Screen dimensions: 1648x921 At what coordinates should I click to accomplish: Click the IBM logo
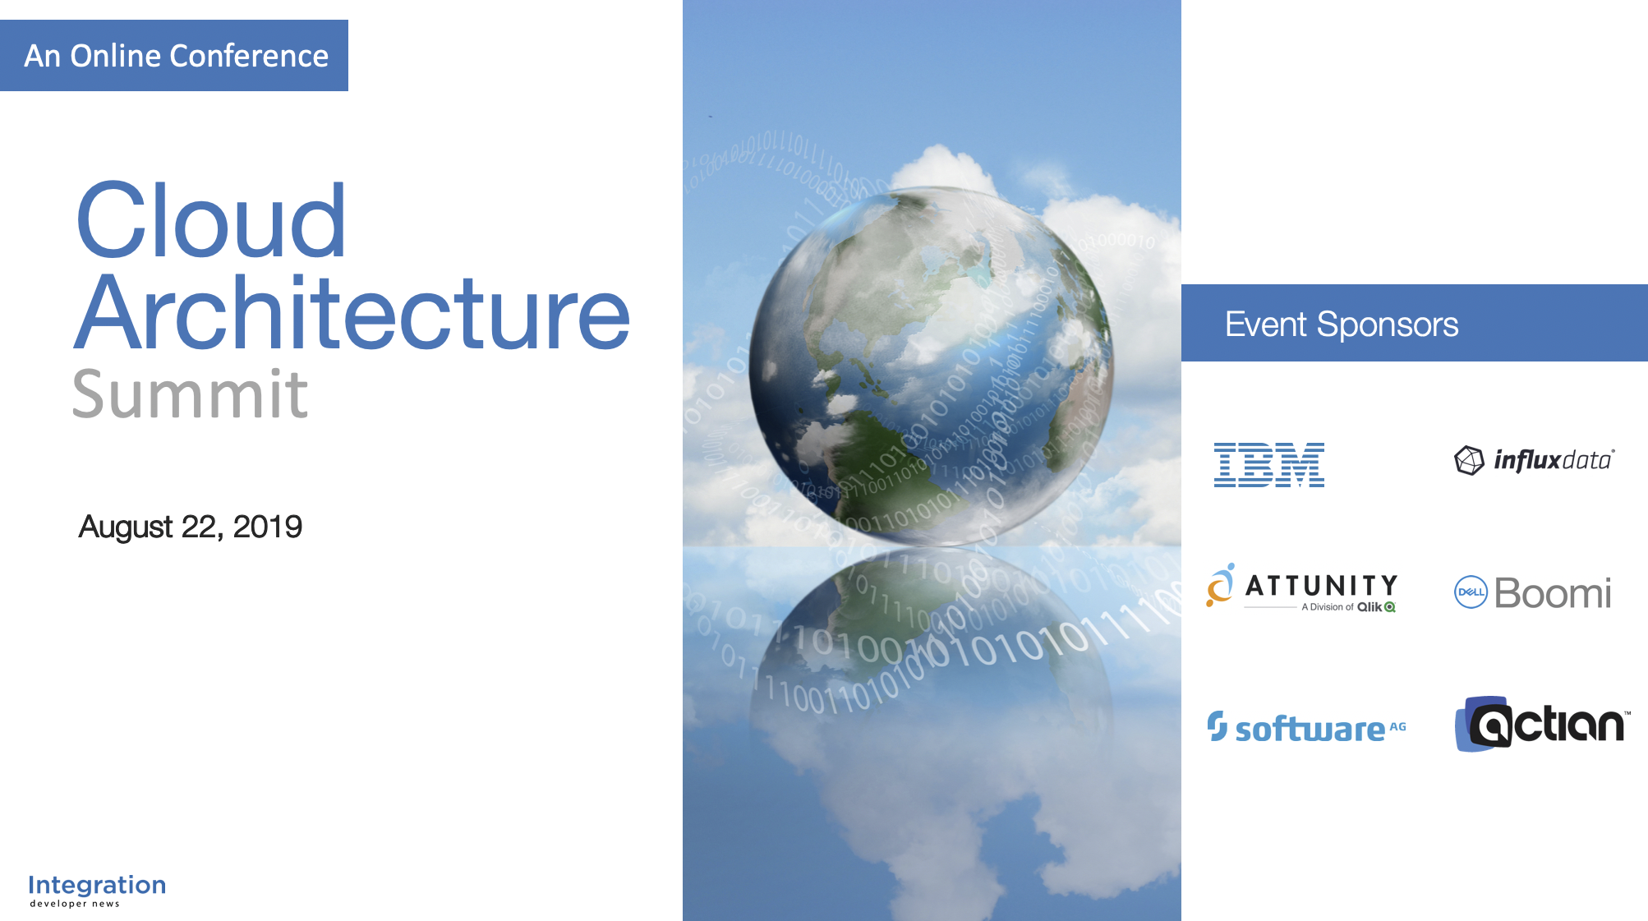tap(1269, 465)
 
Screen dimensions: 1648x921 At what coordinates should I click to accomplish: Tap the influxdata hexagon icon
tap(1469, 460)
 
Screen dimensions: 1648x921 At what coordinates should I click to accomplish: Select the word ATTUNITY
tap(1321, 586)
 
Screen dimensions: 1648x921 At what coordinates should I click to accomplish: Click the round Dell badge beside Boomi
tap(1471, 592)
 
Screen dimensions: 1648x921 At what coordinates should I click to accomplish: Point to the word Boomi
tap(1553, 593)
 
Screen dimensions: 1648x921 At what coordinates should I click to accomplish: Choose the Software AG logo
tap(1306, 728)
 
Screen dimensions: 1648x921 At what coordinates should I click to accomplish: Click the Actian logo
tap(1542, 724)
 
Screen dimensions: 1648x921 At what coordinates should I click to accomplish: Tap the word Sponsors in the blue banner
tap(1388, 325)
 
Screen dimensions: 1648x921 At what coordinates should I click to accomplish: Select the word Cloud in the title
tap(211, 220)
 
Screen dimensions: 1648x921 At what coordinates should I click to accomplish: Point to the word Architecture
tap(352, 313)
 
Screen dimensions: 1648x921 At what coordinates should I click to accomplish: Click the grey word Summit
tap(190, 394)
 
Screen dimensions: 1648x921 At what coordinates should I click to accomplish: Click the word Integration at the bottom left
tap(97, 885)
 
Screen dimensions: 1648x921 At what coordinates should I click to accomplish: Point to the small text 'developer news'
tap(75, 904)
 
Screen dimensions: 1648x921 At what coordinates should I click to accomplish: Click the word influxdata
tap(1554, 460)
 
